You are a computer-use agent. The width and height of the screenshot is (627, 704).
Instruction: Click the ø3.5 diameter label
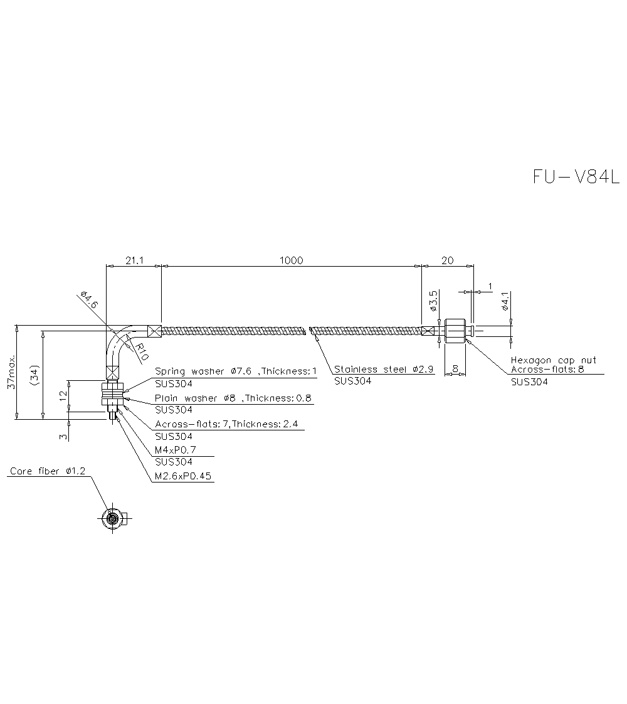pos(433,301)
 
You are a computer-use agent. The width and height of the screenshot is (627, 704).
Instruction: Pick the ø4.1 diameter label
pos(505,301)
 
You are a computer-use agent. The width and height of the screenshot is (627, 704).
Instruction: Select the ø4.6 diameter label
pos(90,299)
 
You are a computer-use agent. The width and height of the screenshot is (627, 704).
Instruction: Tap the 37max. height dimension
pos(11,374)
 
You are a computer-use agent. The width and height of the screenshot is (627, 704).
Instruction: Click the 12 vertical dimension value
pos(63,395)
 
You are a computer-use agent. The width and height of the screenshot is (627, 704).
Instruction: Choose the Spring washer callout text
pos(236,371)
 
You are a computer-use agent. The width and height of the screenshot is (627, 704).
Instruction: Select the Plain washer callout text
pos(233,398)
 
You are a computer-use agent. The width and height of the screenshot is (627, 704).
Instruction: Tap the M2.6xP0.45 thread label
pos(183,476)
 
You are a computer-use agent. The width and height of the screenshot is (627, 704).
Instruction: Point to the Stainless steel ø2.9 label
pos(384,369)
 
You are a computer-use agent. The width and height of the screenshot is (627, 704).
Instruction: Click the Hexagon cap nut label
pos(553,360)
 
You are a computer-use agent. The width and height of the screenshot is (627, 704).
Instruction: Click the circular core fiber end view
pos(112,518)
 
